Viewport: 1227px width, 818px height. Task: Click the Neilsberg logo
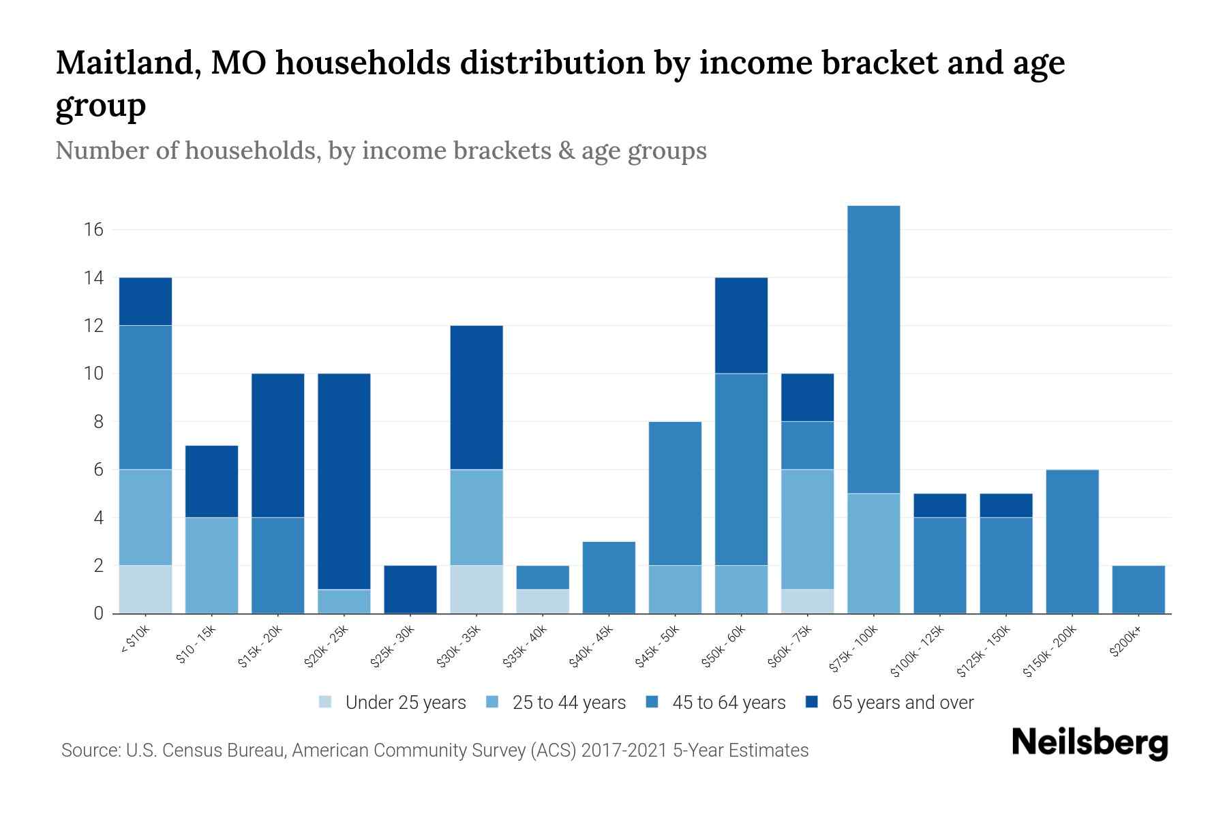(1089, 743)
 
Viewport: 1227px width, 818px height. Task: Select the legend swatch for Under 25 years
(326, 702)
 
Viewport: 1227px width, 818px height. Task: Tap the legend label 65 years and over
(903, 702)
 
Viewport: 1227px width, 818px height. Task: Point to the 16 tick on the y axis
(94, 230)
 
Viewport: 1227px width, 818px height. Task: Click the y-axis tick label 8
(98, 422)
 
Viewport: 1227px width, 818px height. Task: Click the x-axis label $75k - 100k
(854, 650)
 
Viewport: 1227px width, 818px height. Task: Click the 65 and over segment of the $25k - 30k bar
(410, 589)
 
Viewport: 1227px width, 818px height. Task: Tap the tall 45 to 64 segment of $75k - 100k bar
(873, 349)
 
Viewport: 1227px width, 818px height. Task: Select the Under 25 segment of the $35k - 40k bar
(543, 601)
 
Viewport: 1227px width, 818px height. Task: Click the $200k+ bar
(1138, 589)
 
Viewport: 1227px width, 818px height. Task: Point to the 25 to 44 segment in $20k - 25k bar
(344, 601)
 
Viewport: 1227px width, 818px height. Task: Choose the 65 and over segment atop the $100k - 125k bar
(939, 505)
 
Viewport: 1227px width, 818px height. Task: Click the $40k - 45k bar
(609, 577)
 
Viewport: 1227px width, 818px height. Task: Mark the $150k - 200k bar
(1072, 541)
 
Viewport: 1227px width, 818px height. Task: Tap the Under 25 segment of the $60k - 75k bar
(807, 601)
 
